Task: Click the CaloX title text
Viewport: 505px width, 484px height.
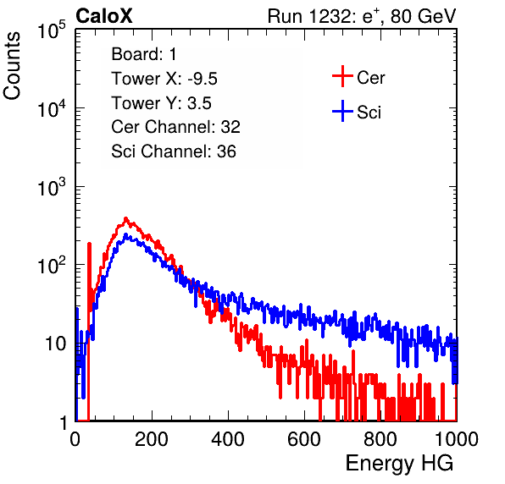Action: [103, 16]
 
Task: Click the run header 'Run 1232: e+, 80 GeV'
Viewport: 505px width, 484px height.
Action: [362, 16]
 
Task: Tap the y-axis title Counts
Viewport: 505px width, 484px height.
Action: [12, 66]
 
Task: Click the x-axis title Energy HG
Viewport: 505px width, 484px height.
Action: [399, 464]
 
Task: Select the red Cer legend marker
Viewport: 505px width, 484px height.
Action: [342, 76]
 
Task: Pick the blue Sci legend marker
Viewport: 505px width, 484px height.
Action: [342, 111]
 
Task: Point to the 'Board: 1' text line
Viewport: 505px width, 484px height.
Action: [144, 54]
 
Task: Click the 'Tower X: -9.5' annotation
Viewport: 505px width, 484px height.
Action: [164, 79]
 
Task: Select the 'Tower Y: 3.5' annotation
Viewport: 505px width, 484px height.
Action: [161, 103]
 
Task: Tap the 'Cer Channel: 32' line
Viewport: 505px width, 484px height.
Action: [176, 127]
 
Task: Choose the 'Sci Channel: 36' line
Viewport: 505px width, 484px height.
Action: [174, 151]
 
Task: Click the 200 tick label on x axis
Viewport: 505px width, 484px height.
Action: [152, 439]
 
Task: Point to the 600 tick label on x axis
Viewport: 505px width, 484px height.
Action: [304, 439]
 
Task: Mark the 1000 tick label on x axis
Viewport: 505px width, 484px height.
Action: [457, 439]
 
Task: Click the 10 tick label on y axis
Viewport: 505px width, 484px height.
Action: [56, 344]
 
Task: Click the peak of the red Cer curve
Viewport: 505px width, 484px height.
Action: [125, 218]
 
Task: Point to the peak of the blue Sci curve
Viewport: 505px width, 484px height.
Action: [125, 234]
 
